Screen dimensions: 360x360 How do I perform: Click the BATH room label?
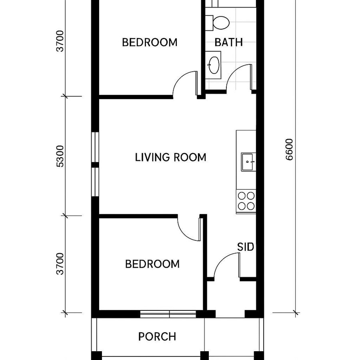tap(228, 42)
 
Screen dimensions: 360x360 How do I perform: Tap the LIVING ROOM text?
tap(170, 157)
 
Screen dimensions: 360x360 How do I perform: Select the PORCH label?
tap(157, 336)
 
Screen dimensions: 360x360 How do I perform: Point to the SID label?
tap(246, 247)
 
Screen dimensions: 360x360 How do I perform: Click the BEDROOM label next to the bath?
tap(149, 42)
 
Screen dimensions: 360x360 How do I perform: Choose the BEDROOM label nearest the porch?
tap(152, 264)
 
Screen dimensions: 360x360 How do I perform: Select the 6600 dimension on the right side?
tap(290, 149)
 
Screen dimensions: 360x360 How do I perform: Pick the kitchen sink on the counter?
tap(248, 162)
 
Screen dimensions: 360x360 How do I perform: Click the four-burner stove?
tap(246, 201)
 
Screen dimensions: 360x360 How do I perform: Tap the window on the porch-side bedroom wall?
tap(168, 314)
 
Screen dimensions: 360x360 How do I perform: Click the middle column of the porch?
tap(204, 355)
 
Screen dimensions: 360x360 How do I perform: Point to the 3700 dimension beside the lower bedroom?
tap(60, 264)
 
